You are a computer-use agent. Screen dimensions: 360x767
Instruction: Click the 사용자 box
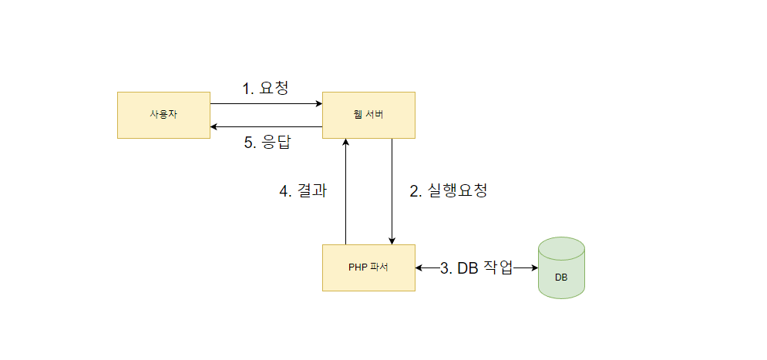pos(163,115)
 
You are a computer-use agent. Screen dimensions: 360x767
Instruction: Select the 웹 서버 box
pos(368,115)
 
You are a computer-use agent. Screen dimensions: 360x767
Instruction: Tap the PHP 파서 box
pos(368,267)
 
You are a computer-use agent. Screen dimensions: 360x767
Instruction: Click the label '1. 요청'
pos(265,89)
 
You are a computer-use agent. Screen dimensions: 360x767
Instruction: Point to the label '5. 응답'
pos(265,143)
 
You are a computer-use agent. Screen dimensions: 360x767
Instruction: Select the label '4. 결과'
pos(303,191)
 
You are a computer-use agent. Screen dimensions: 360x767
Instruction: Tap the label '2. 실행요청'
pos(447,191)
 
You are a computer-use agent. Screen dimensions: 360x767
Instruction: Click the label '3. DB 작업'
pos(476,267)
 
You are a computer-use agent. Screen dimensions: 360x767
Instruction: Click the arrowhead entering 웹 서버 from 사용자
pos(318,103)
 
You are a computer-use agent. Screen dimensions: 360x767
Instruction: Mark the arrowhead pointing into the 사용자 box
pos(215,126)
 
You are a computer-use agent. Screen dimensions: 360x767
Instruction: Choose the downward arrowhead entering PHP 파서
pos(392,241)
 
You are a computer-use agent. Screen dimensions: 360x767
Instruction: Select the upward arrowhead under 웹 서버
pos(346,143)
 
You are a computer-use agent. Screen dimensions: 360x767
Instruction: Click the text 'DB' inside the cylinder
pos(561,276)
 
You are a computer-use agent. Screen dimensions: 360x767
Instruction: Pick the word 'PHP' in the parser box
pos(357,267)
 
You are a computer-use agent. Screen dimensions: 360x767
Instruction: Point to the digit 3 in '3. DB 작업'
pos(444,268)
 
